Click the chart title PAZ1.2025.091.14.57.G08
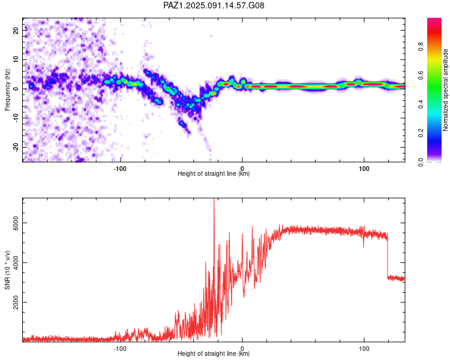coord(214,5)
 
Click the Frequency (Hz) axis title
coord(7,90)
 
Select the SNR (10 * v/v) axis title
coord(7,270)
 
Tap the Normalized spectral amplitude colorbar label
coord(445,90)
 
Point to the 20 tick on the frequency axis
coord(16,30)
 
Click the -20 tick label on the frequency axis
coord(16,147)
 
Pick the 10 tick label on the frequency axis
coord(16,59)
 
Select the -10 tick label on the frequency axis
coord(16,118)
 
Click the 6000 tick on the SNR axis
coord(16,223)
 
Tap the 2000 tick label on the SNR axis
coord(16,302)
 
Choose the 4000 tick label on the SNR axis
coord(16,263)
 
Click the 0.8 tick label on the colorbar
coord(421,46)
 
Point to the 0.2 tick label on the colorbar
coord(421,133)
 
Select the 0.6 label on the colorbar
coord(421,75)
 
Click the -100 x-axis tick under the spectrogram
coord(120,169)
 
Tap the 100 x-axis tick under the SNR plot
coord(364,349)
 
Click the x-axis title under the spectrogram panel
coord(214,173)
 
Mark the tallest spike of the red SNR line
coord(214,199)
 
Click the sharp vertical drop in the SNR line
coord(388,256)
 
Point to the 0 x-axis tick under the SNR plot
coord(242,349)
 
